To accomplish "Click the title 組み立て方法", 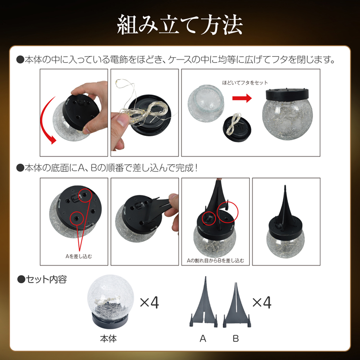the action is (180, 25).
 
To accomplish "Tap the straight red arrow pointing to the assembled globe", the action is (242, 98).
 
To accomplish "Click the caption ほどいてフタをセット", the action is (245, 83).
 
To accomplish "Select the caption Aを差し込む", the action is (79, 256).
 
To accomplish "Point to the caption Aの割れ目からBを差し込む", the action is (216, 261).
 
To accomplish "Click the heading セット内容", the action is (42, 279).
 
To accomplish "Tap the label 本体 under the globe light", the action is (108, 338).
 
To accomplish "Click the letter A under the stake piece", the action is (203, 338).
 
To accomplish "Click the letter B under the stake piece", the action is (236, 338).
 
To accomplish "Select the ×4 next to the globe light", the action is (149, 302).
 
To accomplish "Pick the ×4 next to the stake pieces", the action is (262, 302).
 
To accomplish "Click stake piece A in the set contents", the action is (204, 305).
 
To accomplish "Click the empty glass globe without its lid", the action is (206, 103).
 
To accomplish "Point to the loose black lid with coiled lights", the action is (237, 127).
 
